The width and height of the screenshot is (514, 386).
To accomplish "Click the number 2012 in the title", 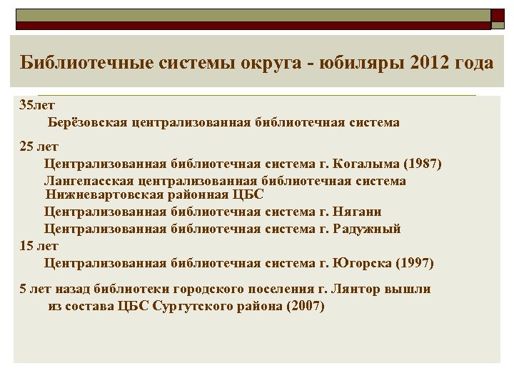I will coord(432,62).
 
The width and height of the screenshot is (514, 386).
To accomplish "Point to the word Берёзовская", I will coord(88,122).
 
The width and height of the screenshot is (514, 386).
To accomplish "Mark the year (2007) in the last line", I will coord(304,307).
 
